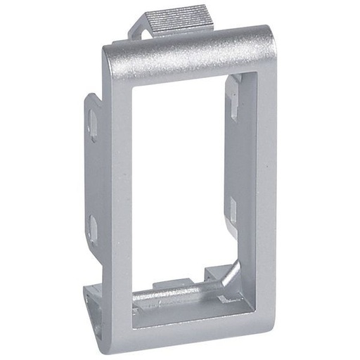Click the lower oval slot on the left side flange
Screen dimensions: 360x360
93,226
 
